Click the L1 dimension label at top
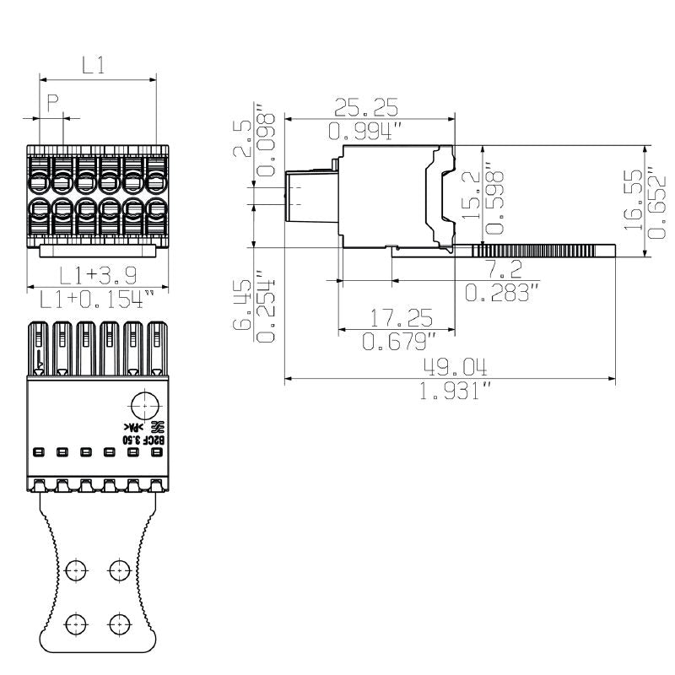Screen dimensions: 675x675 pos(93,64)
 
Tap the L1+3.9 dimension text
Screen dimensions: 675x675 pos(98,275)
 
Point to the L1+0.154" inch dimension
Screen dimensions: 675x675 pos(98,298)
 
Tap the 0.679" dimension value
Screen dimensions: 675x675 pos(400,342)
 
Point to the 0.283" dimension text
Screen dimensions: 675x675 pos(502,293)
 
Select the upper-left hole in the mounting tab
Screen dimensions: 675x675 pos(77,571)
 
